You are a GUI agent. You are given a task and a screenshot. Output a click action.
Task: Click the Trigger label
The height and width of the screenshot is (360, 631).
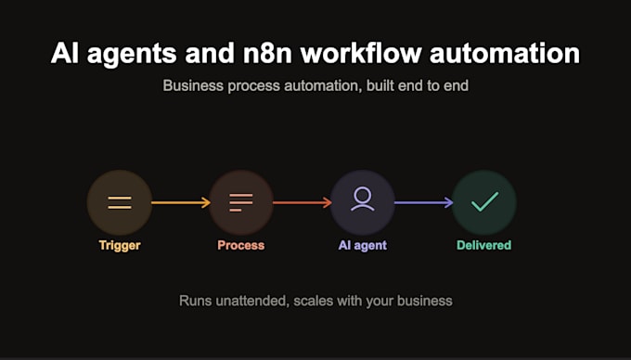point(120,245)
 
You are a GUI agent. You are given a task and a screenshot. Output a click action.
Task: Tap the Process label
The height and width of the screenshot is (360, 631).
point(241,245)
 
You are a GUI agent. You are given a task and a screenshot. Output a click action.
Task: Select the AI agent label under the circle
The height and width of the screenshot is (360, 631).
point(363,245)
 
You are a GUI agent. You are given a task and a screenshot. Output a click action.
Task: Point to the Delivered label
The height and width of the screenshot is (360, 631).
point(484,245)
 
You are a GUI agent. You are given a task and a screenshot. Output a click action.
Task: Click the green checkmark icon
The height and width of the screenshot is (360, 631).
point(485,201)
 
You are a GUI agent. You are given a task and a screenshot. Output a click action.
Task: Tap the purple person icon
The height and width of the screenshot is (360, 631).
point(363,199)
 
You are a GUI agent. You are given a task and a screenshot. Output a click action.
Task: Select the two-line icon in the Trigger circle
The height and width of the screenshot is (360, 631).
point(120,202)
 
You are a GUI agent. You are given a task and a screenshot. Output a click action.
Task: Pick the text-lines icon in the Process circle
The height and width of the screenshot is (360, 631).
point(241,202)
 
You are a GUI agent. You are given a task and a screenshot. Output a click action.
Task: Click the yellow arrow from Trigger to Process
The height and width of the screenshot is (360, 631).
point(181,202)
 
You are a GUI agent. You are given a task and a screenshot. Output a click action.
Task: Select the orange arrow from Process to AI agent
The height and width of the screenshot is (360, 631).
point(303,202)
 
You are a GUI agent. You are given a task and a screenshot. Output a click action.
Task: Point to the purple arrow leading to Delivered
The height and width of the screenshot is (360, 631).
point(424,202)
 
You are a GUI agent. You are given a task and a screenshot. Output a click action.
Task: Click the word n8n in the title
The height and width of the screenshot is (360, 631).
point(267,53)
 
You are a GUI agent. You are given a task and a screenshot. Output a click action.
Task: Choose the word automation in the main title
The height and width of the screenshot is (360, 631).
point(505,53)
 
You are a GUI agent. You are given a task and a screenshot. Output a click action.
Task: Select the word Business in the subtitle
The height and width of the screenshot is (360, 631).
point(193,85)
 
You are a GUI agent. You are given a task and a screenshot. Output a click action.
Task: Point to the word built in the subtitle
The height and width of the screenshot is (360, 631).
point(380,85)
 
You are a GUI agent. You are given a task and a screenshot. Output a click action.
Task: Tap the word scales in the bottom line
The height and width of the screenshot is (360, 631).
point(313,301)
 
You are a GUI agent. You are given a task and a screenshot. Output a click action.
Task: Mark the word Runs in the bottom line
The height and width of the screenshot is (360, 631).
point(195,301)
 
